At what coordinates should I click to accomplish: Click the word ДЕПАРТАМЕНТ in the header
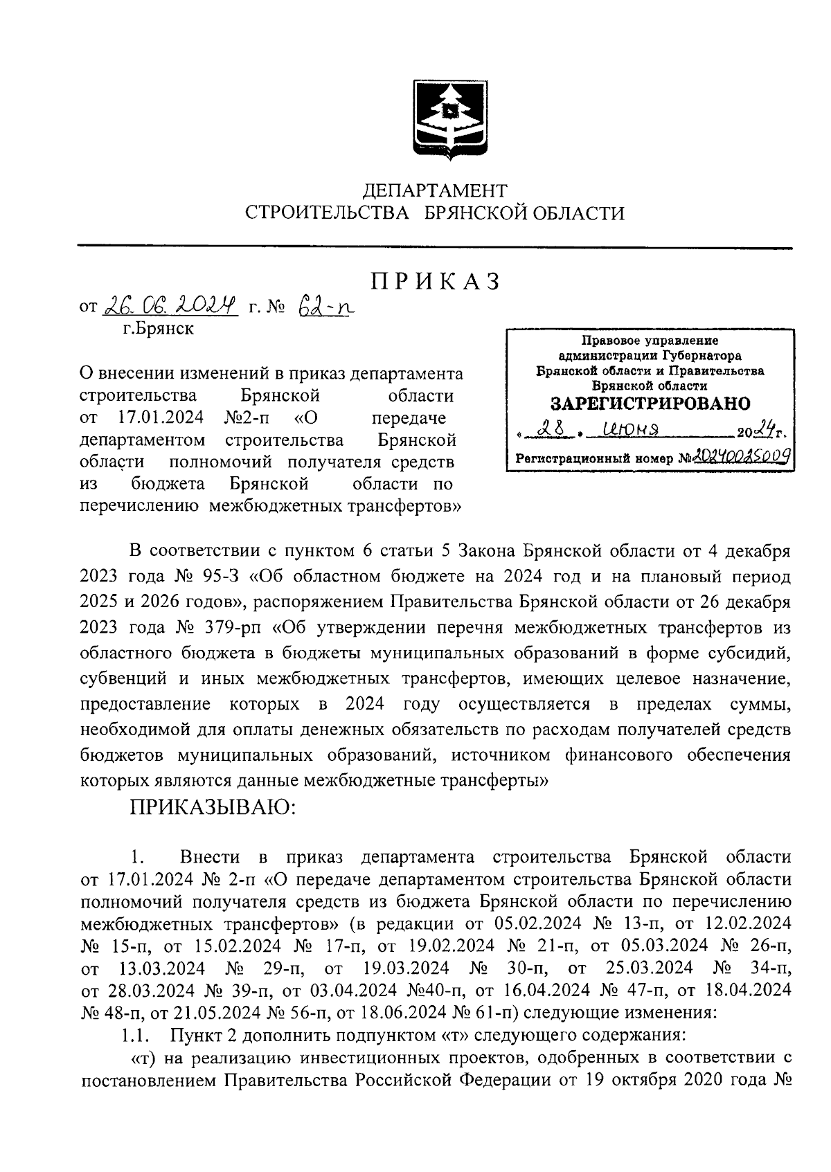coord(436,190)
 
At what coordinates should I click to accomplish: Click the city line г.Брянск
coord(159,329)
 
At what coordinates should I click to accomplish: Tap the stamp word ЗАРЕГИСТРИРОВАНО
coord(650,404)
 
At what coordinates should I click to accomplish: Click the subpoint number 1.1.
coord(136,1036)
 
